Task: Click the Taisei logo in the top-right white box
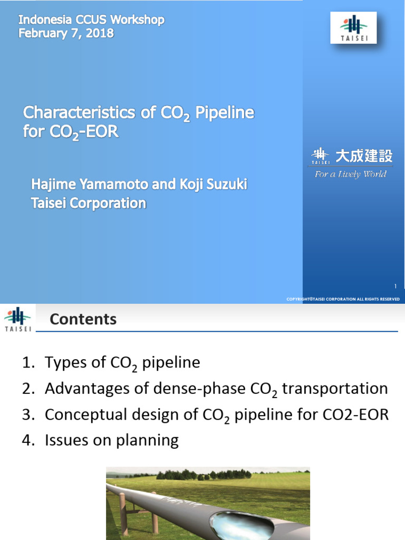pyautogui.click(x=353, y=27)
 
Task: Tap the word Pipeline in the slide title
pyautogui.click(x=225, y=113)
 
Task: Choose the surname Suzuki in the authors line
pyautogui.click(x=224, y=185)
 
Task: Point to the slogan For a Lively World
pyautogui.click(x=350, y=174)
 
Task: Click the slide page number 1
pyautogui.click(x=395, y=286)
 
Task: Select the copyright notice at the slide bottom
pyautogui.click(x=343, y=299)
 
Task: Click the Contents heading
pyautogui.click(x=83, y=319)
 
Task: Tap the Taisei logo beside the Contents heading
pyautogui.click(x=17, y=320)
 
